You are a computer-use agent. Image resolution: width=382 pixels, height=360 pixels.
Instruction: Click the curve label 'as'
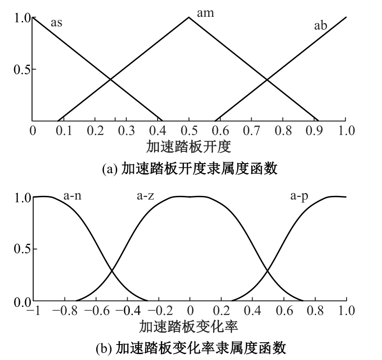[56, 23]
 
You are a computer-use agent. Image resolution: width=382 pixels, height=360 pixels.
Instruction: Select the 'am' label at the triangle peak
[206, 13]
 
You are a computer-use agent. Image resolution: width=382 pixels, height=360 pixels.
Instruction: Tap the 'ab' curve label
[320, 25]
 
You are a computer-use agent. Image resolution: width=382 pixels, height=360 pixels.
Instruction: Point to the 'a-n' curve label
[72, 196]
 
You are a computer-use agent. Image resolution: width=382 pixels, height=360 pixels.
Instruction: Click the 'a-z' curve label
[145, 196]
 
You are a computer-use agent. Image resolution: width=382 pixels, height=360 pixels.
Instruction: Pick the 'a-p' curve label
[299, 196]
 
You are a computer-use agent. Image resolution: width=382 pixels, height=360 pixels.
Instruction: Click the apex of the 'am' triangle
[189, 17]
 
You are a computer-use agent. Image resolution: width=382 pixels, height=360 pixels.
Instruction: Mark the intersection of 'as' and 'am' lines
[110, 79]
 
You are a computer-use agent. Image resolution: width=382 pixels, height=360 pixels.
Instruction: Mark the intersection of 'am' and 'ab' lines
[267, 80]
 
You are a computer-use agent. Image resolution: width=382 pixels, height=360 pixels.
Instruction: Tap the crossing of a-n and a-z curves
[112, 270]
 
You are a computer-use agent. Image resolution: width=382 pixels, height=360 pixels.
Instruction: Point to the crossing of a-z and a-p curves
[267, 270]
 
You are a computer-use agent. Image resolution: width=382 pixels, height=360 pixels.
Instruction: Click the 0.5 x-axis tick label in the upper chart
[189, 130]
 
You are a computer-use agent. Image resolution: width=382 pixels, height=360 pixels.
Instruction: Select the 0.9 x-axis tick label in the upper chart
[314, 130]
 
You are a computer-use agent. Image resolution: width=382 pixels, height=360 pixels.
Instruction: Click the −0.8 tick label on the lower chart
[65, 311]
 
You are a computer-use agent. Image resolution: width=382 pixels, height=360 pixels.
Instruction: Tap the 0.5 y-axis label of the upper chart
[22, 70]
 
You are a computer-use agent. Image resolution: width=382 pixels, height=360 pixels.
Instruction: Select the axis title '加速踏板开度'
[189, 147]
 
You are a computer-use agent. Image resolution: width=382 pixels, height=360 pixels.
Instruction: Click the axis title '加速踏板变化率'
[189, 327]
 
